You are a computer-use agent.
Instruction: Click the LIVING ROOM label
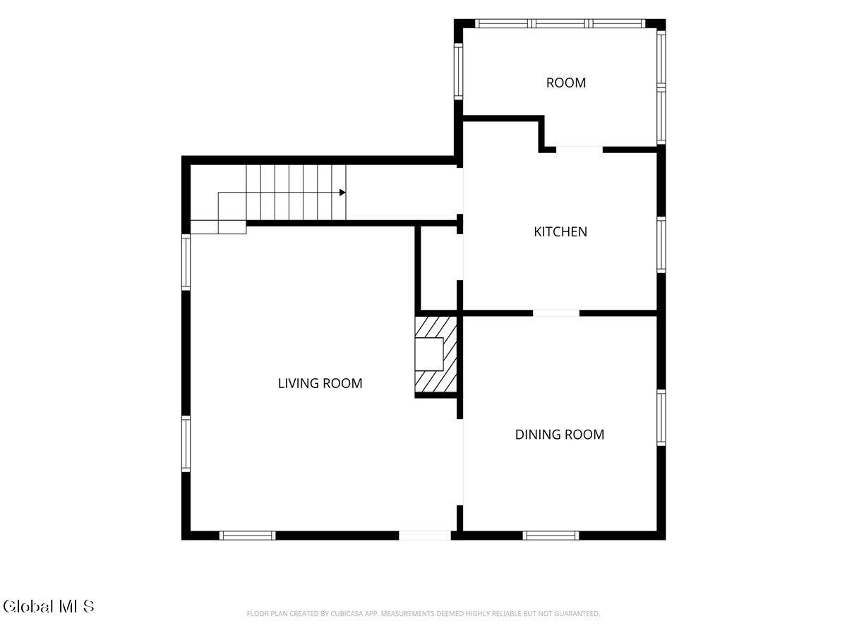pos(320,383)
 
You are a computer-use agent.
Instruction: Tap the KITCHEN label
pos(560,231)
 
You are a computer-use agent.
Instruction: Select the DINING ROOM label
pos(560,435)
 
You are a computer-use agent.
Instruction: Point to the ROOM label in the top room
pos(565,83)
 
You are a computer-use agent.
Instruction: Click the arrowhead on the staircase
pos(342,193)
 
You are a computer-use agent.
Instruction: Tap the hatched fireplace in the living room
pos(435,354)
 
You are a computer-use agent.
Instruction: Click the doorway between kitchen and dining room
pos(556,313)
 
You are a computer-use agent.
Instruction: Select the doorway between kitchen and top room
pos(579,150)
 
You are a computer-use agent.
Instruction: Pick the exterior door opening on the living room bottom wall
pos(424,536)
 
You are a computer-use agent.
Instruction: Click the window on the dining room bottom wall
pos(551,536)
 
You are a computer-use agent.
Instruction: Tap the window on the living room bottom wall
pos(247,536)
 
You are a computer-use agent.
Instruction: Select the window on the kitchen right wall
pos(661,245)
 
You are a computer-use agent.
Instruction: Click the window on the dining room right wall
pos(661,418)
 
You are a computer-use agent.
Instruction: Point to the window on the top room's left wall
pos(458,71)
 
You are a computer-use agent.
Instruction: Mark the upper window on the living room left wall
pos(186,262)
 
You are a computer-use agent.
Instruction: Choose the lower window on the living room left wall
pos(186,443)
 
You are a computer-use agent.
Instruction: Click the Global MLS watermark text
pos(48,606)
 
